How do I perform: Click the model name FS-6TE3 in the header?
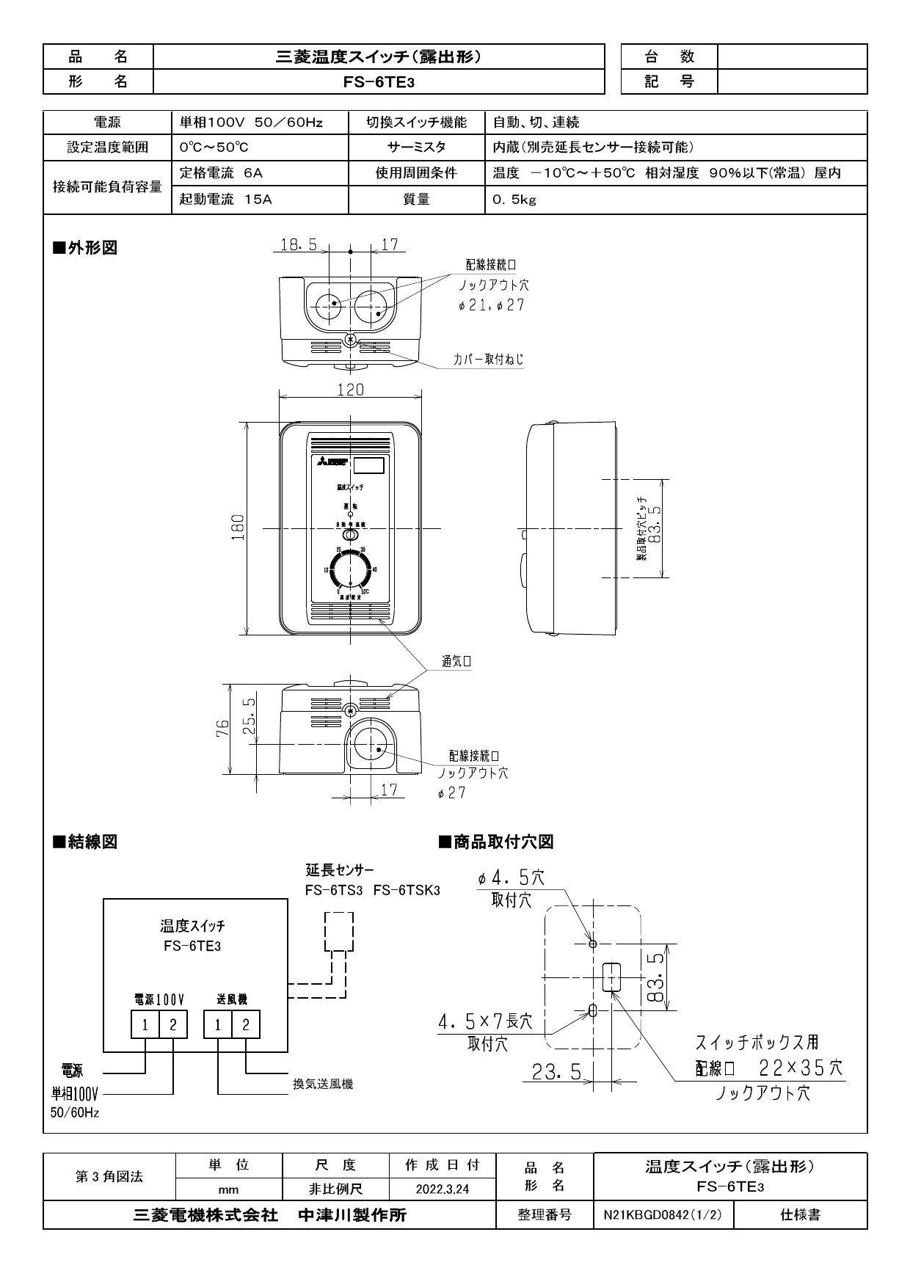(x=379, y=82)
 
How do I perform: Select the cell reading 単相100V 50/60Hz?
(x=251, y=123)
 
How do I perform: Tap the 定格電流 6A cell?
(x=222, y=173)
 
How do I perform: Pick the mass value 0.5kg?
(x=514, y=199)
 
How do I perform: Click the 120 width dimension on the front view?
(x=350, y=390)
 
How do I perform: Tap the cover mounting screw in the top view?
(x=351, y=340)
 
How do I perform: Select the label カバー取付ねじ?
(x=488, y=360)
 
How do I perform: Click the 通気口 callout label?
(x=456, y=661)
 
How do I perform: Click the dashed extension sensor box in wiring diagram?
(x=338, y=930)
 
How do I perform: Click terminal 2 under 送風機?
(x=246, y=1025)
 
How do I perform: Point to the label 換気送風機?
(x=323, y=1084)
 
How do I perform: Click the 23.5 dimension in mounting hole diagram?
(x=556, y=1072)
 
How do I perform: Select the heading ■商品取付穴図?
(x=495, y=842)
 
